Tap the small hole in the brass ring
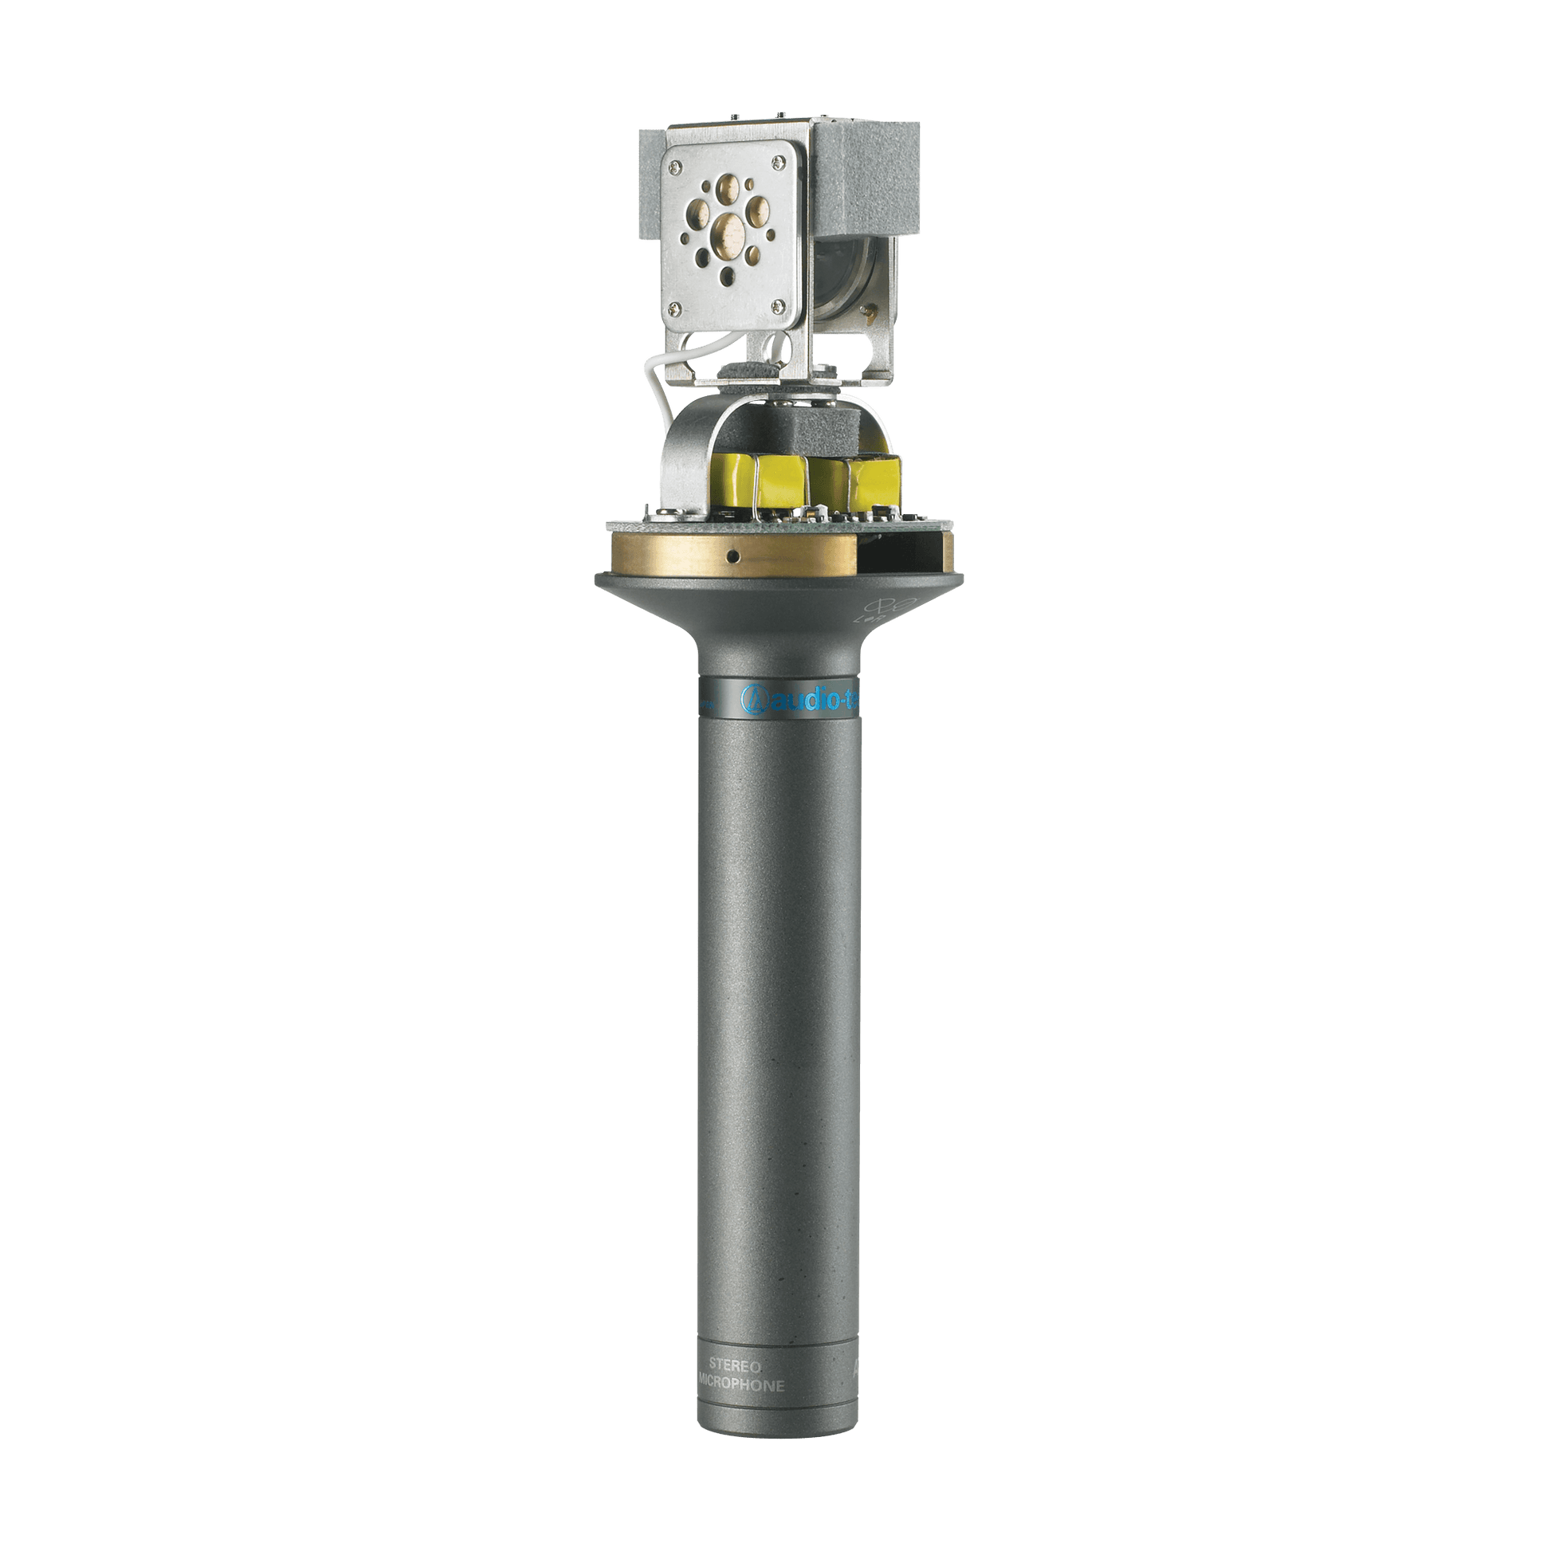point(733,555)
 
